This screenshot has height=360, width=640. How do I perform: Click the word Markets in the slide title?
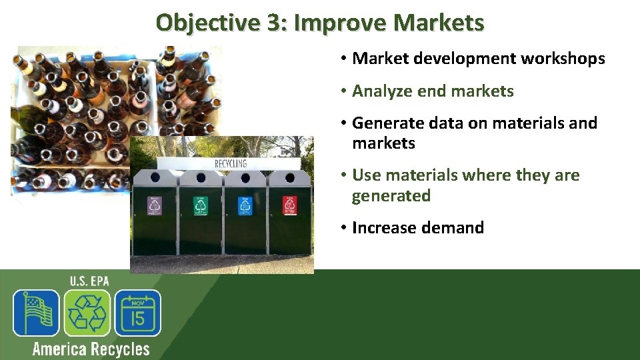pos(438,23)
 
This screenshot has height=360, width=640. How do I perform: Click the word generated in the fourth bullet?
pos(391,196)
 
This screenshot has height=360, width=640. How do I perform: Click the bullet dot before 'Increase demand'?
pos(341,228)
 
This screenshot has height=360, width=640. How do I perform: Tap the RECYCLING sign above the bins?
pos(231,163)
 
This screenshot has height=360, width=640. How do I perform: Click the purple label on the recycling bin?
pos(155,205)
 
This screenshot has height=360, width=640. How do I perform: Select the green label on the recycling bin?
pos(201,205)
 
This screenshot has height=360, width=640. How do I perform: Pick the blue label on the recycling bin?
pos(245,205)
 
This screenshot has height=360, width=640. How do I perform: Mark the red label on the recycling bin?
pos(289,205)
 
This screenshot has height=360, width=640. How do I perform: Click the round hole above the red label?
pos(289,178)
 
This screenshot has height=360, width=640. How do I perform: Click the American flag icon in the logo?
pos(37,313)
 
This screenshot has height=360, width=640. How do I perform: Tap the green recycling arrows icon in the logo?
pos(87,313)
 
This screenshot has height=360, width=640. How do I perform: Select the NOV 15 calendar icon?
pos(137,313)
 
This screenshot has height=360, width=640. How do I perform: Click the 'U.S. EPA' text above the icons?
pos(89,281)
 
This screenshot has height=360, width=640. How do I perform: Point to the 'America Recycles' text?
pos(91,349)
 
